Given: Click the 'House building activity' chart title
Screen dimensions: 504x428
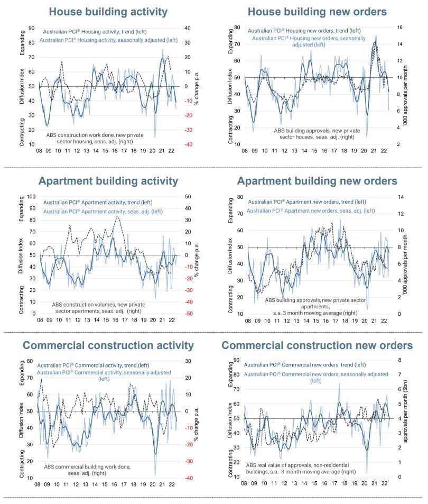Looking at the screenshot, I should (108, 12).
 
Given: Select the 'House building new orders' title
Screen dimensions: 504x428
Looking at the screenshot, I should (317, 12).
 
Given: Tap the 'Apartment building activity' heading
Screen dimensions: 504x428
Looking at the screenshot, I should (108, 181).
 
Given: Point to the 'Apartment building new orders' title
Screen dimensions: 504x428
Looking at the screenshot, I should (317, 181).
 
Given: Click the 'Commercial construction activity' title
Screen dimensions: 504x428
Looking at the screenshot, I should (108, 346).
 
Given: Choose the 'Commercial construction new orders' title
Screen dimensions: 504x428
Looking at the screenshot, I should (317, 346).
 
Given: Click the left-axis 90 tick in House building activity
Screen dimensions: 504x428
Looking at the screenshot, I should (32, 28).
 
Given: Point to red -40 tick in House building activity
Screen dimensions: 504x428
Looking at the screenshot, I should (188, 144).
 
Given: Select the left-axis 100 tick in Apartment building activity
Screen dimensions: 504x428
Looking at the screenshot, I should (30, 196).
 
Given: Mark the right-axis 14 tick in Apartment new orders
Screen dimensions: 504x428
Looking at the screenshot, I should (399, 197).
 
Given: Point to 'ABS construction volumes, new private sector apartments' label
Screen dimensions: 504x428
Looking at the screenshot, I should (97, 308).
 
